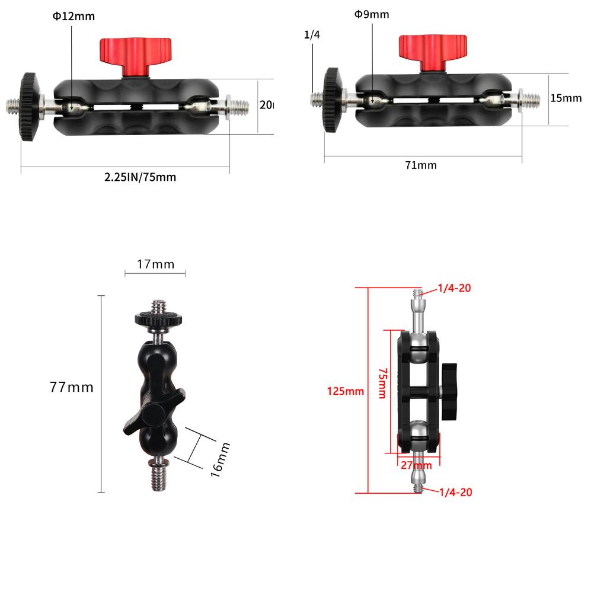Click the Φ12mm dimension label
74,17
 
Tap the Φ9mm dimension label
372,14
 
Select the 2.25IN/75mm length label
140,177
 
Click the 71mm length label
421,165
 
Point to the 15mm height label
566,98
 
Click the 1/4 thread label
312,35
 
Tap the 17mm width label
155,264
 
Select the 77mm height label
72,387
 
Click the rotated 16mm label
219,458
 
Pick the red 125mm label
345,391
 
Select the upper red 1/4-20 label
455,289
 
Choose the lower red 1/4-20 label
455,492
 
